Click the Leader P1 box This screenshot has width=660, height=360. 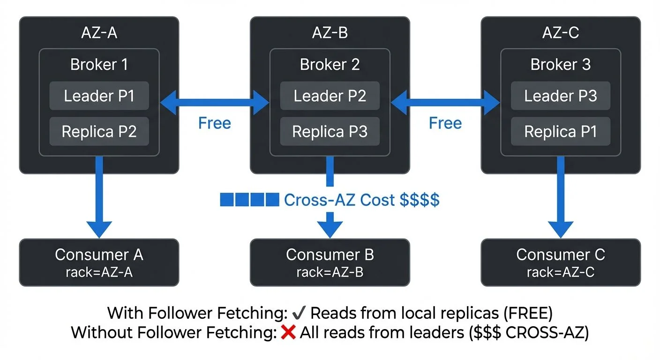click(99, 96)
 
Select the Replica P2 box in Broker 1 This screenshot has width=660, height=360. click(99, 132)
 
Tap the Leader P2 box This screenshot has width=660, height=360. click(330, 96)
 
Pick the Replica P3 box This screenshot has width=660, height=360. click(330, 132)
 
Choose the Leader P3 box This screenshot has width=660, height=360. click(560, 96)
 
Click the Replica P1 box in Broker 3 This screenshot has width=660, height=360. click(560, 132)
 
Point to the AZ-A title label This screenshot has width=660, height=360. click(99, 33)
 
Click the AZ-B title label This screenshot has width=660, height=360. click(330, 33)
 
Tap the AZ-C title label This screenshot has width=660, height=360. click(560, 33)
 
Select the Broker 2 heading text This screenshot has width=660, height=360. click(330, 64)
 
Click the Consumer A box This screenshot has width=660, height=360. click(99, 262)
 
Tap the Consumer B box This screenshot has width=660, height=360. click(330, 262)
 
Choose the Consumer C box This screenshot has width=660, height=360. click(560, 262)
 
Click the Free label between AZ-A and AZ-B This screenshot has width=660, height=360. click(214, 123)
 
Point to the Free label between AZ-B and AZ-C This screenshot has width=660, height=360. click(445, 123)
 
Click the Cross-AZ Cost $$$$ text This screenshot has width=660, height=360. click(361, 200)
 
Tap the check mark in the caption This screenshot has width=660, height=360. click(298, 313)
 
